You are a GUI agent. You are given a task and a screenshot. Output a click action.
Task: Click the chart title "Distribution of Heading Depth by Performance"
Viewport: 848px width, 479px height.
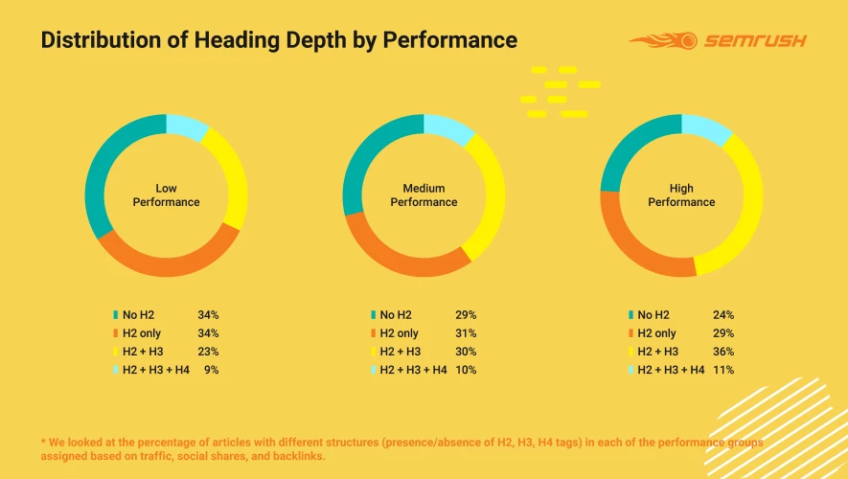(x=279, y=40)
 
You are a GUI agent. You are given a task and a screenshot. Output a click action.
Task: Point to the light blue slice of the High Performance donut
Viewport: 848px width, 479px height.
(x=706, y=127)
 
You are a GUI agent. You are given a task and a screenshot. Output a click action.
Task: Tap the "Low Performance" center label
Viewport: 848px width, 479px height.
(x=166, y=195)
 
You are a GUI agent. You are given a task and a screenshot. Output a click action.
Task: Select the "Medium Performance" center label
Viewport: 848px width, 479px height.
(x=424, y=195)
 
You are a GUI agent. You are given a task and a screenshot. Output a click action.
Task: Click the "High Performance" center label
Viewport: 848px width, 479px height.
(x=681, y=195)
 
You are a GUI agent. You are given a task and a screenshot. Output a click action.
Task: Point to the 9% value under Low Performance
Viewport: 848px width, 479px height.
(x=212, y=370)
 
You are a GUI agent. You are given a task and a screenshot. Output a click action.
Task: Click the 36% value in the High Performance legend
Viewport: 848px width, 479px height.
(x=723, y=352)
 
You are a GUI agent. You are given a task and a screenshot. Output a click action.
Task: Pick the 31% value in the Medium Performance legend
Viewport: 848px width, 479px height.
(x=466, y=333)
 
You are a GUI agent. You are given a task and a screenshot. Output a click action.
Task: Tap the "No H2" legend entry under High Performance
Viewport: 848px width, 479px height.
(x=653, y=315)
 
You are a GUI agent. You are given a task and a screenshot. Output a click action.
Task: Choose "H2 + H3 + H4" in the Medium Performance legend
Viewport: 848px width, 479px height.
(x=413, y=370)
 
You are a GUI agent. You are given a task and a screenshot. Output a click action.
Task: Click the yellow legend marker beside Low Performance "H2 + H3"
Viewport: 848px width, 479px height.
(x=116, y=352)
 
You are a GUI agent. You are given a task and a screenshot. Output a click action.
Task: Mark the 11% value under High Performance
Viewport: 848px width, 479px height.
(x=723, y=370)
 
